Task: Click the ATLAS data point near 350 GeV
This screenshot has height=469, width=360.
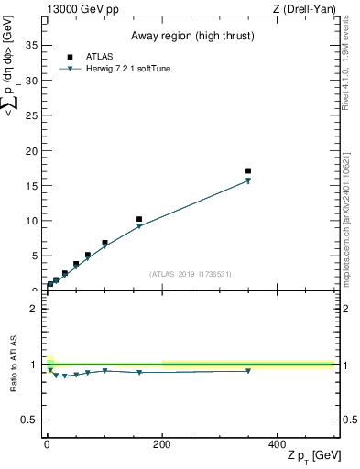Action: pos(248,171)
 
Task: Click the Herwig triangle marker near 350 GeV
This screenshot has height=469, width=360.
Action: pos(248,181)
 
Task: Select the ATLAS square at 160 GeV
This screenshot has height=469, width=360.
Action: pos(139,220)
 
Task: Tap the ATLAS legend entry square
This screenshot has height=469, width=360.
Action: pos(70,56)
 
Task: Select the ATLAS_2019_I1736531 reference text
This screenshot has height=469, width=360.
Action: pos(190,274)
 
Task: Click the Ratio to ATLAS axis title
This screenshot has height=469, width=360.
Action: pos(14,364)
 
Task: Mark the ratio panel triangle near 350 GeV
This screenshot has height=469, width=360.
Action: pos(248,371)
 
